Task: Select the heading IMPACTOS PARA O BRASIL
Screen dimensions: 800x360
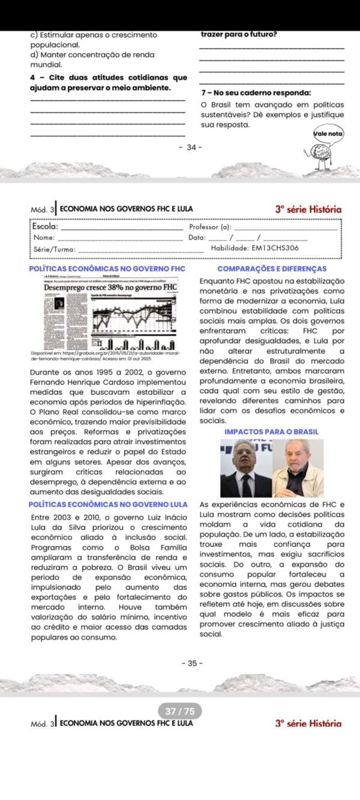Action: tap(271, 432)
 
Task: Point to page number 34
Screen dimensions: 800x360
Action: tap(191, 148)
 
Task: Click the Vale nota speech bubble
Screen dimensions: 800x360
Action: tap(328, 134)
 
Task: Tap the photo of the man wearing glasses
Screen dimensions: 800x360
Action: tap(245, 468)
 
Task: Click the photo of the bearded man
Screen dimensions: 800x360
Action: tap(298, 468)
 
